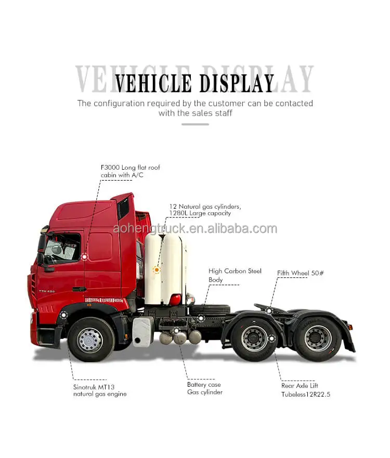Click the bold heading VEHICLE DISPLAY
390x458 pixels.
point(194,83)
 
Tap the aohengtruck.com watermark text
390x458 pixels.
point(195,228)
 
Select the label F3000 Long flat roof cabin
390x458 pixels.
point(131,171)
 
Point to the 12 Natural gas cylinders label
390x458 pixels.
point(205,210)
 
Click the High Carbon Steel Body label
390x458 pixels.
point(235,275)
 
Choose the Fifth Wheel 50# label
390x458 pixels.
point(301,273)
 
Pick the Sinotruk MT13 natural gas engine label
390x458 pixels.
point(99,390)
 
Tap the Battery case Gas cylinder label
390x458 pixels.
point(204,388)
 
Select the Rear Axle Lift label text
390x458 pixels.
point(300,386)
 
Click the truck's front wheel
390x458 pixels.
point(90,339)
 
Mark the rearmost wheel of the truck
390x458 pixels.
point(317,338)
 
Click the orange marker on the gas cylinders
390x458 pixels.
point(156,270)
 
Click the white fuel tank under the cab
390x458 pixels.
point(142,332)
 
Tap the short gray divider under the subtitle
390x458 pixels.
point(195,124)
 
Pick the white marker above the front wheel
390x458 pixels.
point(63,315)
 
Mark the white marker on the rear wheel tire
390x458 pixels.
point(271,338)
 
